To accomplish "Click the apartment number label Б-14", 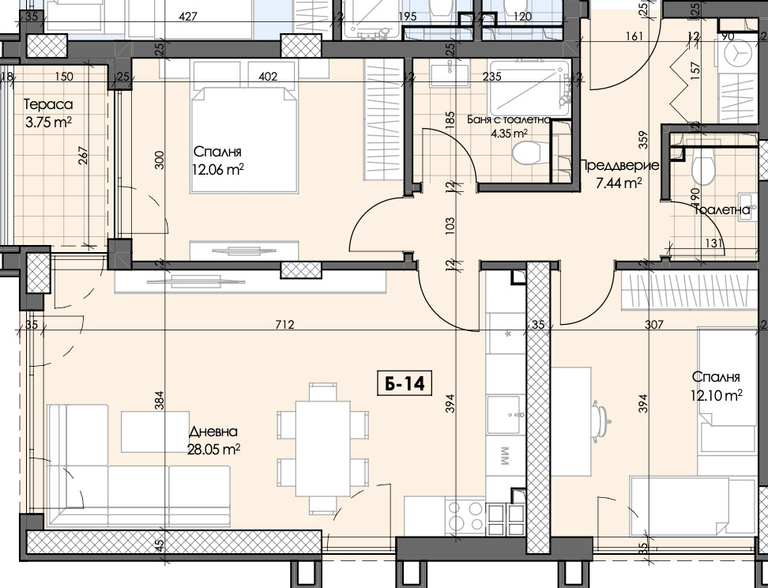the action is pyautogui.click(x=405, y=383).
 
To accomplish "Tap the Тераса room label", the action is pyautogui.click(x=48, y=104).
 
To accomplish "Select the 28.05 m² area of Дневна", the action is pyautogui.click(x=213, y=449).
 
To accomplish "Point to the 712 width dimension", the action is pyautogui.click(x=284, y=324).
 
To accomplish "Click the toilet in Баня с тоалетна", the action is pyautogui.click(x=525, y=152).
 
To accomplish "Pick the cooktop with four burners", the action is pyautogui.click(x=465, y=517).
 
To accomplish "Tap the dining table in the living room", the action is pyautogui.click(x=323, y=448).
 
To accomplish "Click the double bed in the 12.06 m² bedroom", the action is pyautogui.click(x=244, y=141).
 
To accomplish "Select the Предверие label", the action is pyautogui.click(x=619, y=166).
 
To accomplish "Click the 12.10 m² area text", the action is pyautogui.click(x=716, y=395).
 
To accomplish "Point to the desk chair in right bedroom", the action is pyautogui.click(x=601, y=418).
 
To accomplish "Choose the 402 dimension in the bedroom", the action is pyautogui.click(x=267, y=77).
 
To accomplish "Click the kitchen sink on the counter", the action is pyautogui.click(x=503, y=415).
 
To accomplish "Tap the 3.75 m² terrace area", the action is pyautogui.click(x=48, y=122).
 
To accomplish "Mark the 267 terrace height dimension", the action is pyautogui.click(x=83, y=156).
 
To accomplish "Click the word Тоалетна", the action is pyautogui.click(x=722, y=210).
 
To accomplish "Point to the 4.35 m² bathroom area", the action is pyautogui.click(x=510, y=133).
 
